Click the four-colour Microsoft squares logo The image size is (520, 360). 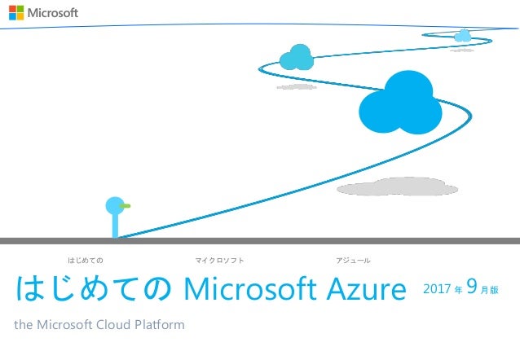[x=16, y=14]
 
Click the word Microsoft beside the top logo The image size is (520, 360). [x=54, y=14]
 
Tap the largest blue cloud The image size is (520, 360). [x=400, y=105]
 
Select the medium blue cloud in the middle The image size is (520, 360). [x=296, y=57]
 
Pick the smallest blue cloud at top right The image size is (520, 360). [x=463, y=35]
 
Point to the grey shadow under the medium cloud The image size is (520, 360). [x=297, y=86]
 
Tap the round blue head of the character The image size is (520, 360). [x=115, y=205]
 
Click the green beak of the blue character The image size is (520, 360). [x=126, y=206]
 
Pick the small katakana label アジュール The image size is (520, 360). [x=354, y=261]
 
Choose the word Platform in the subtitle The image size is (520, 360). [x=161, y=326]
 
